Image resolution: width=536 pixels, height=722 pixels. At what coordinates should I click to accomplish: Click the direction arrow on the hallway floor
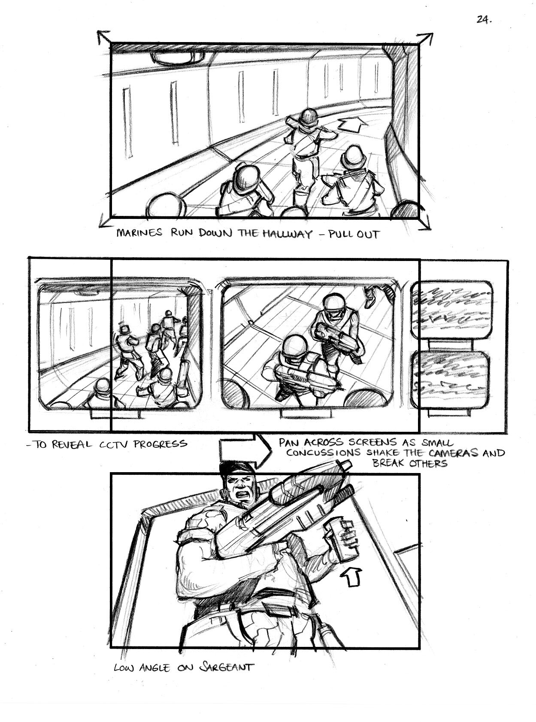(351, 126)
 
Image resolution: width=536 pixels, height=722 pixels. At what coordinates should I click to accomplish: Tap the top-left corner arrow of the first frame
(104, 38)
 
